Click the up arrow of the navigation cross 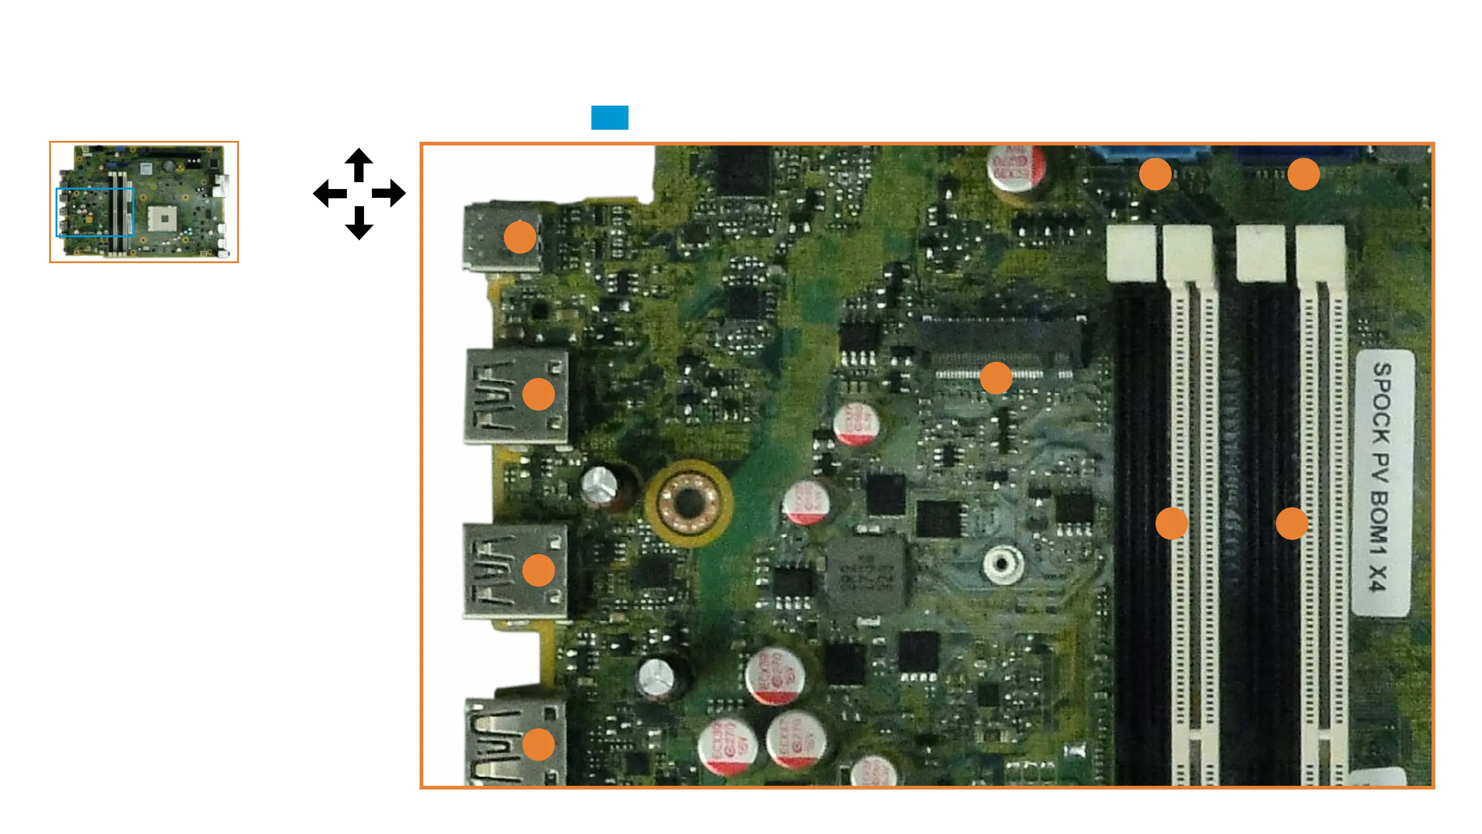tap(359, 164)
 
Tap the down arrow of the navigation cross tap(359, 224)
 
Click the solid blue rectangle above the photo tap(609, 117)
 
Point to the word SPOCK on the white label tap(1382, 403)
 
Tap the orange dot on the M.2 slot tap(996, 378)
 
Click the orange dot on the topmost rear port tap(520, 237)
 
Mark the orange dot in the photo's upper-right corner tap(1304, 174)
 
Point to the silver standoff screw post tap(1002, 564)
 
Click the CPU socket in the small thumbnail tap(164, 219)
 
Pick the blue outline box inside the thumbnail tap(95, 212)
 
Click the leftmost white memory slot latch tap(1131, 252)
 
